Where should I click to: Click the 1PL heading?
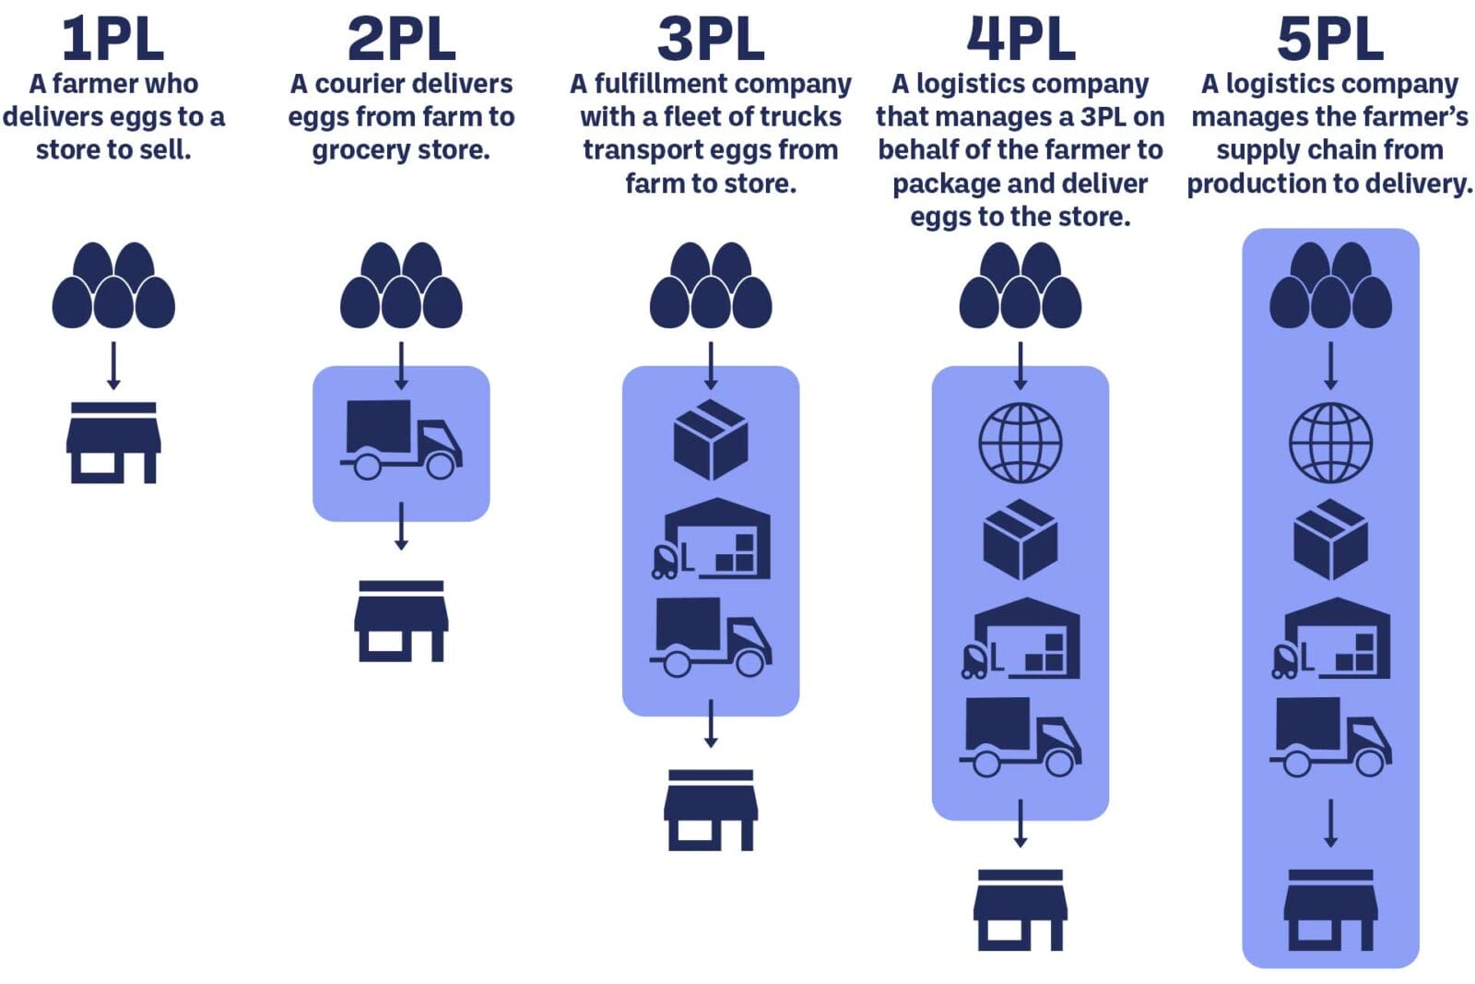tap(112, 39)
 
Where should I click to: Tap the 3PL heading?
tap(710, 39)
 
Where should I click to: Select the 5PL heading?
tap(1329, 39)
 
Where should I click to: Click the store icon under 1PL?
tap(113, 443)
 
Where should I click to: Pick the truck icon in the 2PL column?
tap(401, 440)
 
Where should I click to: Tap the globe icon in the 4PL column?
tap(1020, 443)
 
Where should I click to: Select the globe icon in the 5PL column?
tap(1329, 443)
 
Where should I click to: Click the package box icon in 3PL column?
tap(711, 440)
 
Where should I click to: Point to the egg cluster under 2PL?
tap(401, 286)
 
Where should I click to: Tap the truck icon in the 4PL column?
tap(1020, 737)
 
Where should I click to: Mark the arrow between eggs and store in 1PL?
tap(113, 366)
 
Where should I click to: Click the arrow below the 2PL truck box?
tap(401, 527)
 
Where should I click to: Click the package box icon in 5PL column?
tap(1330, 540)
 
